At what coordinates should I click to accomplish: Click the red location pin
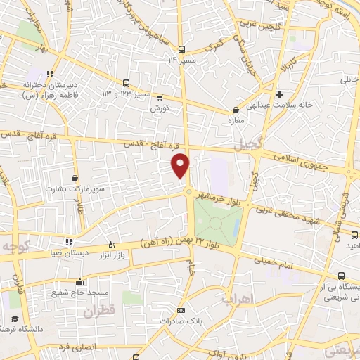tap(181, 165)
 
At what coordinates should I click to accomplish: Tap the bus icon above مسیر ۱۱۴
tap(182, 49)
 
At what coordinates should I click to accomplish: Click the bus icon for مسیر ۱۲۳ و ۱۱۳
tap(126, 83)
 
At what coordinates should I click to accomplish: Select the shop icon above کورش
tap(160, 98)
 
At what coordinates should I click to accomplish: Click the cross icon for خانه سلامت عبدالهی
tap(280, 94)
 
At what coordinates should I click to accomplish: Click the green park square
tap(218, 222)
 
